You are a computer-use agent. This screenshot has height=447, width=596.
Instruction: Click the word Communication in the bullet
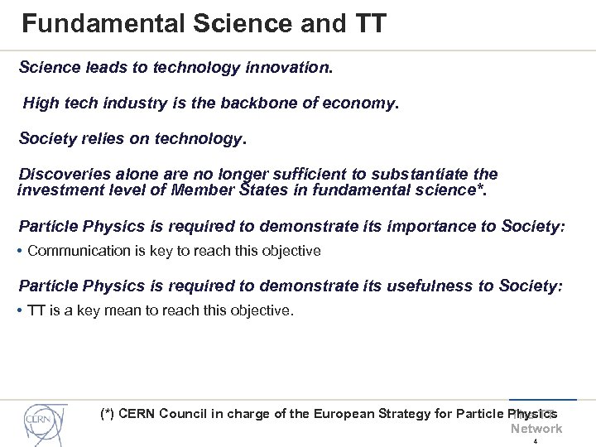[x=82, y=250]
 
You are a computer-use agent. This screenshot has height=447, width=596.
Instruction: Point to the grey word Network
[x=536, y=429]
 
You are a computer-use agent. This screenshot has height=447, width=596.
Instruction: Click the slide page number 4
[x=536, y=441]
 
